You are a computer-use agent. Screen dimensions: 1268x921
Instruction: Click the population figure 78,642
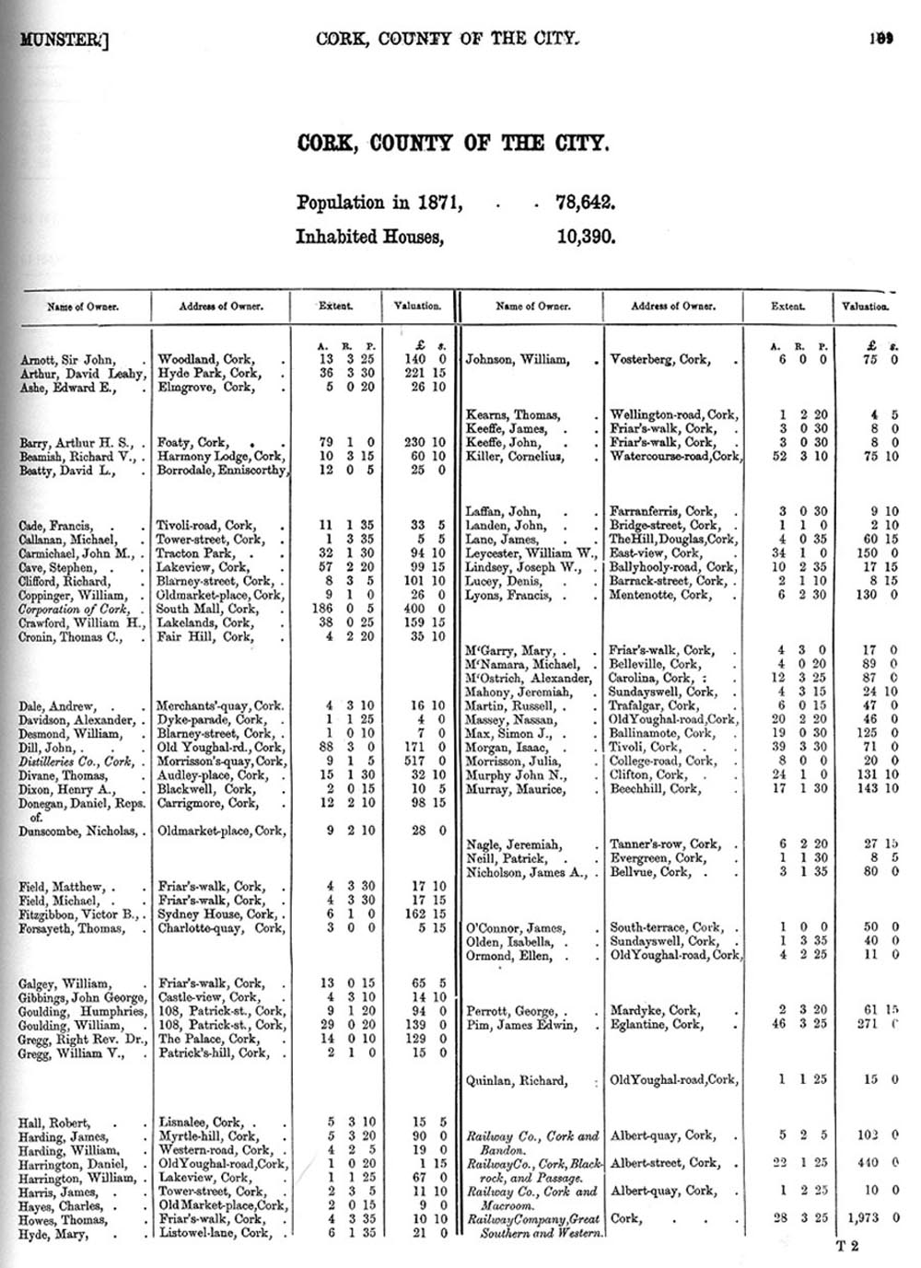(585, 203)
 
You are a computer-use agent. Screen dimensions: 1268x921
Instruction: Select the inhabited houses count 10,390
(586, 237)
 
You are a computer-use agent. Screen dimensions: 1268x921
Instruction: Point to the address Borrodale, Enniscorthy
(222, 471)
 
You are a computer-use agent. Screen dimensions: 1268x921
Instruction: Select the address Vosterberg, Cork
(659, 359)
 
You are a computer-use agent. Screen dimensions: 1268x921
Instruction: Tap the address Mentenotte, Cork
(659, 595)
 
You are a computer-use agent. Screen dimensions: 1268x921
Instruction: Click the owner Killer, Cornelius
(516, 456)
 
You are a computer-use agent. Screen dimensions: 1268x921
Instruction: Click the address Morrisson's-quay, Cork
(220, 762)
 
